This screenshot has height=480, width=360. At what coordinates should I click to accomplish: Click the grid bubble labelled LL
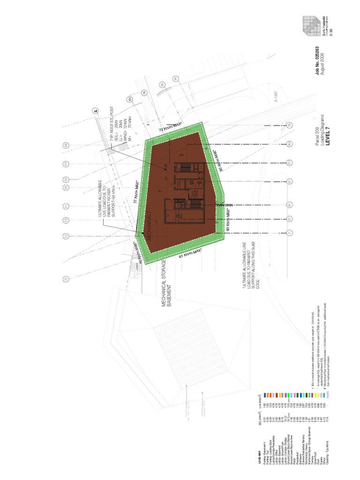tap(93, 112)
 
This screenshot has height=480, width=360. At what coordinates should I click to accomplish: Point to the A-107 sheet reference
tap(277, 100)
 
